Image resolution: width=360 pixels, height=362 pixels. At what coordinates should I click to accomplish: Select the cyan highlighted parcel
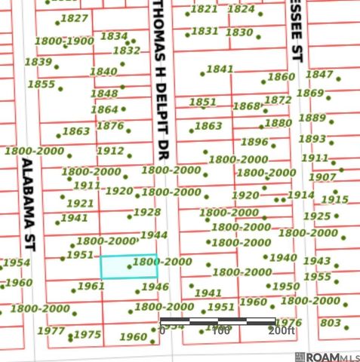(x=129, y=267)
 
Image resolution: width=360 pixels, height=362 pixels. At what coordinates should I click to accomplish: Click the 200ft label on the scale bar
(x=282, y=330)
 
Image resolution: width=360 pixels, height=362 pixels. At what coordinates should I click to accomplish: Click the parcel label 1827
(x=74, y=18)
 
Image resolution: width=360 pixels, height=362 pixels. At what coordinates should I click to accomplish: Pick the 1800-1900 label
(x=64, y=41)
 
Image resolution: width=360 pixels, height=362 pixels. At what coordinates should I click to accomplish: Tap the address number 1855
(x=42, y=84)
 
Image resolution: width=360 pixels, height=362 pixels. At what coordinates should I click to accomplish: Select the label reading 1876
(x=110, y=126)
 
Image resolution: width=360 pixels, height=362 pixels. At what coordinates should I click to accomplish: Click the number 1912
(x=110, y=151)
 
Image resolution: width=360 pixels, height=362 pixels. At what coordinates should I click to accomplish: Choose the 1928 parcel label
(x=147, y=213)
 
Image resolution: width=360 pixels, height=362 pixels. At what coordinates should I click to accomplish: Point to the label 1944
(x=154, y=235)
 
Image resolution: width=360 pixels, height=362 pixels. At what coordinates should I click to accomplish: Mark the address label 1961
(x=91, y=287)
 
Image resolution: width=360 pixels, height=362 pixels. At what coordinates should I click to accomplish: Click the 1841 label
(x=220, y=69)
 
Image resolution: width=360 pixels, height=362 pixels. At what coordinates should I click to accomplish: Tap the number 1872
(x=278, y=100)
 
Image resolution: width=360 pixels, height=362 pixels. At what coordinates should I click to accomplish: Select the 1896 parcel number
(x=254, y=142)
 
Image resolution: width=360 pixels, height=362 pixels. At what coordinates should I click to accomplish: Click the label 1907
(x=322, y=177)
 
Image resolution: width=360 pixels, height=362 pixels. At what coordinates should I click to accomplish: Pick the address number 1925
(x=316, y=216)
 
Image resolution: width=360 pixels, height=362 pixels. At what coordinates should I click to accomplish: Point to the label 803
(x=331, y=323)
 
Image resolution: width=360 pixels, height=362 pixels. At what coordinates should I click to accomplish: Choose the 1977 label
(x=51, y=331)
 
